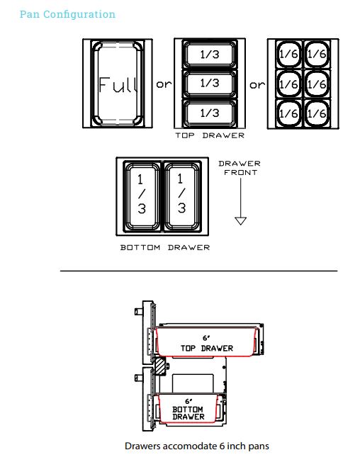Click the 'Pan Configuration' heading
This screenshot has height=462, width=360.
tap(67, 14)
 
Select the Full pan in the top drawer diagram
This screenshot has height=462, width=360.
tap(118, 84)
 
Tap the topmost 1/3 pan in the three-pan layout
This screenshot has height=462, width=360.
tap(210, 55)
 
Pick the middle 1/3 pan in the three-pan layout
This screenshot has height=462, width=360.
tap(210, 84)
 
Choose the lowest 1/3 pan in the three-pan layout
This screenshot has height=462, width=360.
tap(210, 113)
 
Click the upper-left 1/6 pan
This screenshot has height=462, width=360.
tap(288, 55)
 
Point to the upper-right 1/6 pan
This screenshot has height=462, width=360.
tap(317, 55)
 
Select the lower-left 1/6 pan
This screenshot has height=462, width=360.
tap(288, 113)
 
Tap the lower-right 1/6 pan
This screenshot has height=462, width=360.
tap(317, 113)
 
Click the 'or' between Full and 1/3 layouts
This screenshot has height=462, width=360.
tap(164, 84)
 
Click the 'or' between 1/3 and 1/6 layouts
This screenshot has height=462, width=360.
tap(257, 85)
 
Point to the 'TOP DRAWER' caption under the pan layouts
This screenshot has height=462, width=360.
tap(210, 135)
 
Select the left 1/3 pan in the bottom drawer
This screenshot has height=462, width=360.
tap(142, 196)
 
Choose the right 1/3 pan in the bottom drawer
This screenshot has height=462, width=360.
tap(182, 196)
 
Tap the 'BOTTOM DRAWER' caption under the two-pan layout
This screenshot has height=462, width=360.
tap(165, 247)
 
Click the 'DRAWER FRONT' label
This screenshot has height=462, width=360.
tap(240, 168)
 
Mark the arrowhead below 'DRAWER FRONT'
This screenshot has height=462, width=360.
tap(240, 221)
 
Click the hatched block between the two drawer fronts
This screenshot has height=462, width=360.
tap(160, 366)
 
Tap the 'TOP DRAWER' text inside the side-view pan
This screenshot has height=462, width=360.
tap(207, 348)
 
